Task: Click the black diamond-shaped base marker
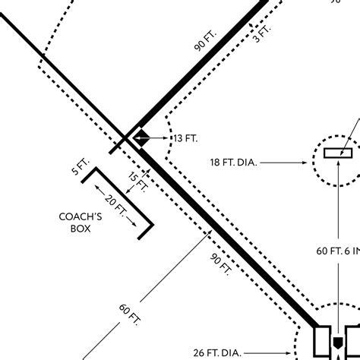click(141, 138)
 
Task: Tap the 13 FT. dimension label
click(185, 138)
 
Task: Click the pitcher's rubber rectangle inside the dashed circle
click(338, 153)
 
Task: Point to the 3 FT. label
click(263, 32)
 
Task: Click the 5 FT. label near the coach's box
click(81, 166)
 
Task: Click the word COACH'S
click(80, 216)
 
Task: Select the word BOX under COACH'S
click(80, 228)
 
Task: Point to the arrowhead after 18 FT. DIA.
click(307, 162)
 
